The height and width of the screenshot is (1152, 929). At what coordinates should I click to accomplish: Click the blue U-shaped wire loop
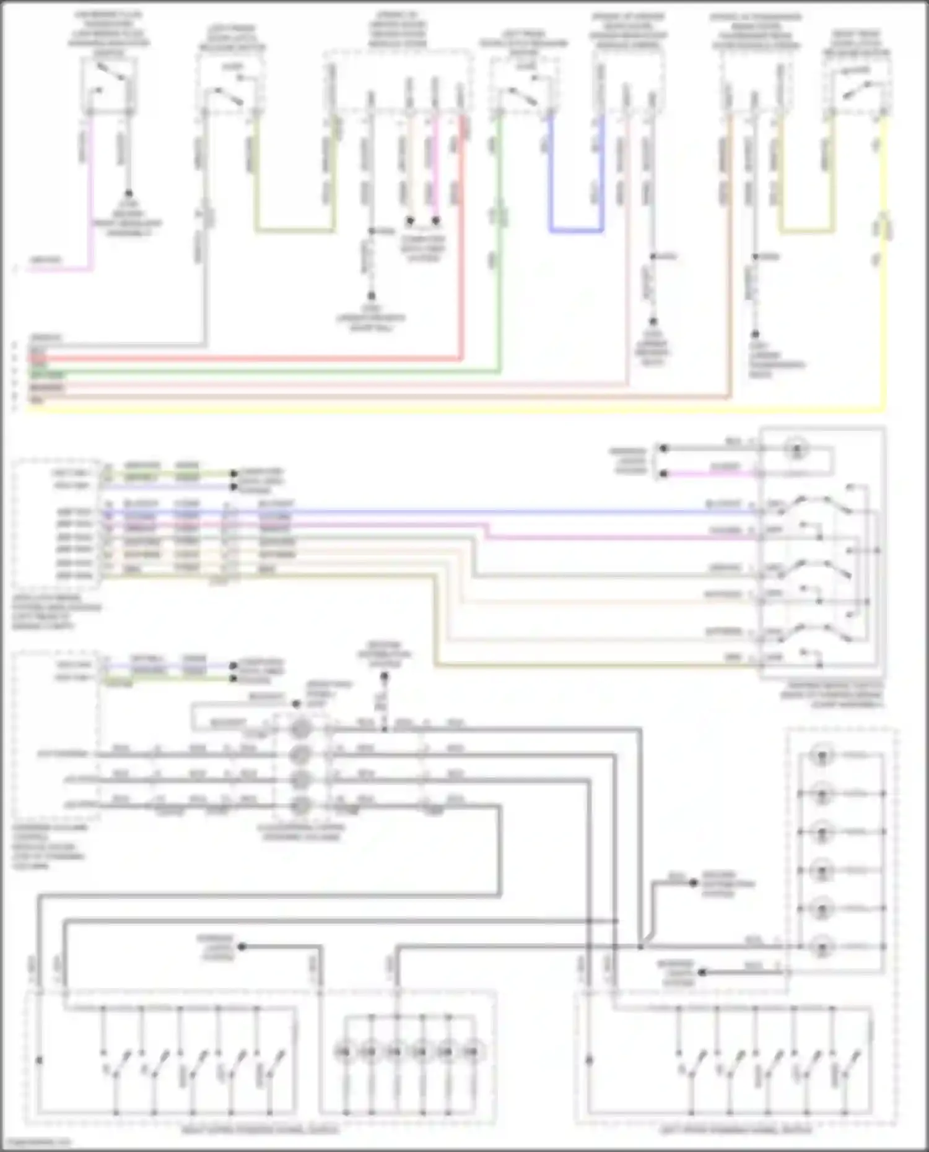(x=576, y=230)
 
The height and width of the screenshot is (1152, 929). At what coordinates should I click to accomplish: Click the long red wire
(x=248, y=358)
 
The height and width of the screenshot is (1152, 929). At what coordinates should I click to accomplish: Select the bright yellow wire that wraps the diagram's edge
(x=434, y=409)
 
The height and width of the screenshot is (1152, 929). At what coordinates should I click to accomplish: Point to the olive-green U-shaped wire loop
(x=294, y=232)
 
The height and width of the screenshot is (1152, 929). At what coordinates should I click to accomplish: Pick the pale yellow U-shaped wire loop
(x=805, y=232)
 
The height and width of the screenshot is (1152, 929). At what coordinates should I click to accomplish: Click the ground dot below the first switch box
(x=129, y=193)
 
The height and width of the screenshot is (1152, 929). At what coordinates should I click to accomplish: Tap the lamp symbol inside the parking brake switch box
(x=794, y=450)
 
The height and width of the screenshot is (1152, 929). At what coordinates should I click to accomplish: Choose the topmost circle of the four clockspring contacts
(x=301, y=729)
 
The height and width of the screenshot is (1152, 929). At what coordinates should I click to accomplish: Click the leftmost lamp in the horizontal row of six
(x=343, y=1050)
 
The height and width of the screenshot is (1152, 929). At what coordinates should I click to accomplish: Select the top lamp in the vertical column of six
(x=822, y=756)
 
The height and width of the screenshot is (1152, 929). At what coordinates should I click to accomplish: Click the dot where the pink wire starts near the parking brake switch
(x=663, y=474)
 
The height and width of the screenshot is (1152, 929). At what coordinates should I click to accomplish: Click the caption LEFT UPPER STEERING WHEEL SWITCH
(x=736, y=1130)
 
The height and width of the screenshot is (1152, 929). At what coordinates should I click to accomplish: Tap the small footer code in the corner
(x=36, y=1142)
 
